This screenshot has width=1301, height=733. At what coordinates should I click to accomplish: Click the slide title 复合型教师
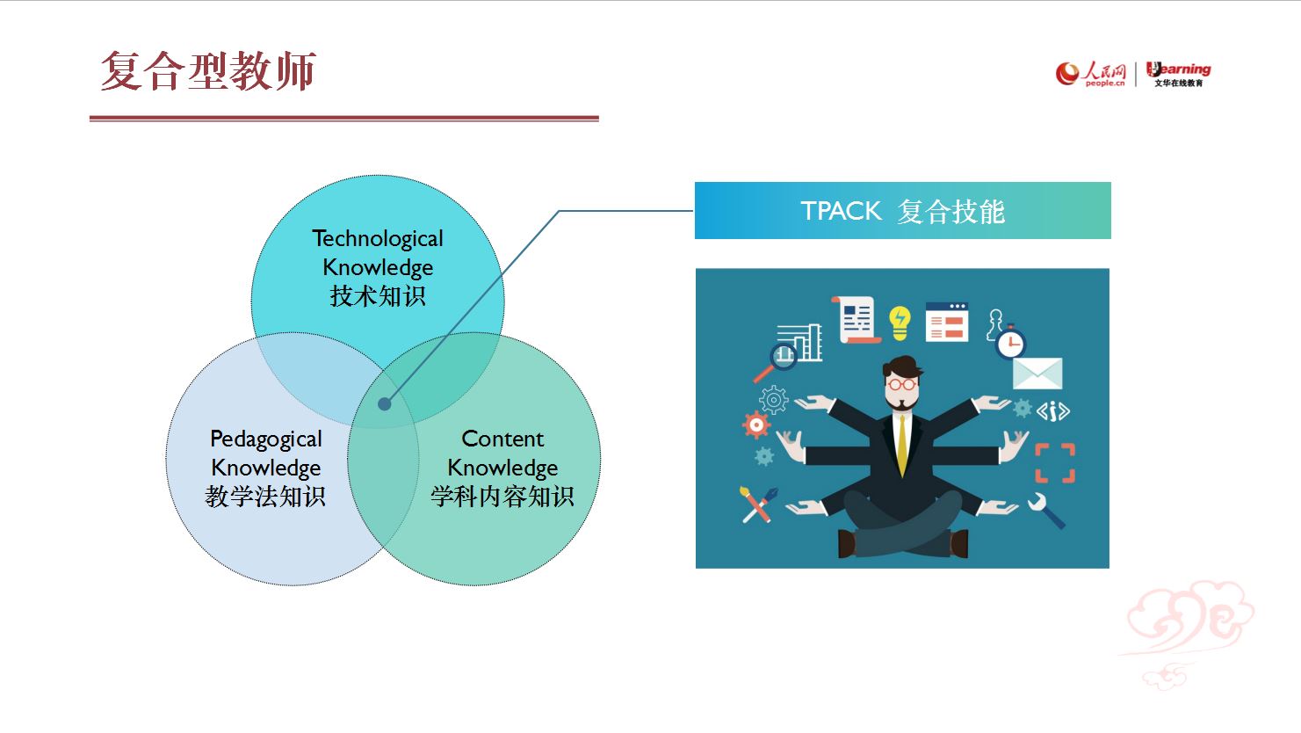[208, 71]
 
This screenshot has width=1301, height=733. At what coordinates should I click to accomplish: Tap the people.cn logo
[1090, 74]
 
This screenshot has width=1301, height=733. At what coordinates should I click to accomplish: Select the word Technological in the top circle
[378, 239]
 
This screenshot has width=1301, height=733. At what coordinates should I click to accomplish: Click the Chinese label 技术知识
[378, 296]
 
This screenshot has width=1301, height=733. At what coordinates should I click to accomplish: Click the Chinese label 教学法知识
[265, 497]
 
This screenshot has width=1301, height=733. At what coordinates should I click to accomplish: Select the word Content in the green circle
[502, 439]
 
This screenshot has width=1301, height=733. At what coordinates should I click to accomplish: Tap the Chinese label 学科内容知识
[502, 497]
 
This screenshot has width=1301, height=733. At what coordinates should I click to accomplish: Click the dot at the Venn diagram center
[385, 404]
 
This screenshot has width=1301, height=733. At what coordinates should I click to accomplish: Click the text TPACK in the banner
[841, 211]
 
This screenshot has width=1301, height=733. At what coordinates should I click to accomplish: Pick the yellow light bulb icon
[900, 323]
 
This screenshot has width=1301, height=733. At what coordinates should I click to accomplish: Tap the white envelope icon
[1037, 374]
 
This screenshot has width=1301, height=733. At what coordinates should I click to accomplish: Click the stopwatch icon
[1010, 342]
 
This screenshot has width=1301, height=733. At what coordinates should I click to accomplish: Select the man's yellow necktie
[902, 445]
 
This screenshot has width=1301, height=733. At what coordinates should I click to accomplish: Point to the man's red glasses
[902, 384]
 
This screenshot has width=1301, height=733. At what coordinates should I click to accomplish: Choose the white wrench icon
[1046, 511]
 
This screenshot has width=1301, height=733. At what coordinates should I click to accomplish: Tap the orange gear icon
[756, 425]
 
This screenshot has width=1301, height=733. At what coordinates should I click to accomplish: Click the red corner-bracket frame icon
[1055, 462]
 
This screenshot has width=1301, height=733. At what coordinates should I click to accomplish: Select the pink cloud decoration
[1188, 631]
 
